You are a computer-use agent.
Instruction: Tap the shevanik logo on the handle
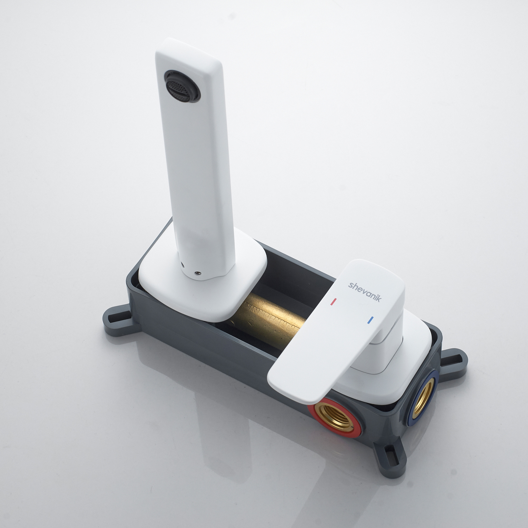pos(365,291)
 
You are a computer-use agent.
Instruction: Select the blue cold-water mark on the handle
pos(370,320)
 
